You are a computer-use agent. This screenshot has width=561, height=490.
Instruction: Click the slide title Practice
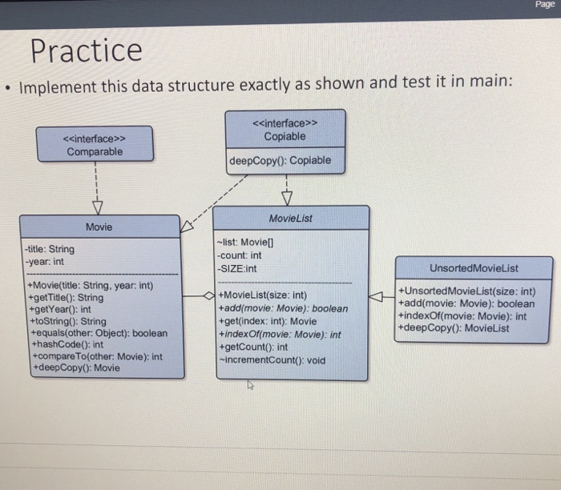[86, 50]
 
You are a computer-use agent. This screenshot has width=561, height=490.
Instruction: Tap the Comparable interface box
[95, 144]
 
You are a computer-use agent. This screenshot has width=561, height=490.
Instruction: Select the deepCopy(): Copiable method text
[280, 160]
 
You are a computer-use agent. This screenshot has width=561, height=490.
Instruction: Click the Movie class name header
[99, 227]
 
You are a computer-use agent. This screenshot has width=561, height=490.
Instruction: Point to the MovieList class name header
[292, 218]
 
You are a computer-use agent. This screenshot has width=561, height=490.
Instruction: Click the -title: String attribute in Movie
[50, 249]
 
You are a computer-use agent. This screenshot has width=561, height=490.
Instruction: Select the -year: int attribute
[44, 261]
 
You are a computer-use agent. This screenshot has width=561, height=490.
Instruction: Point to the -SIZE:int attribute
[237, 267]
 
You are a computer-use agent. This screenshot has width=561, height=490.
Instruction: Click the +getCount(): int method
[253, 347]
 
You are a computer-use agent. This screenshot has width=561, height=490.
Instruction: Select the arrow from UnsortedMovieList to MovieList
[381, 297]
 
